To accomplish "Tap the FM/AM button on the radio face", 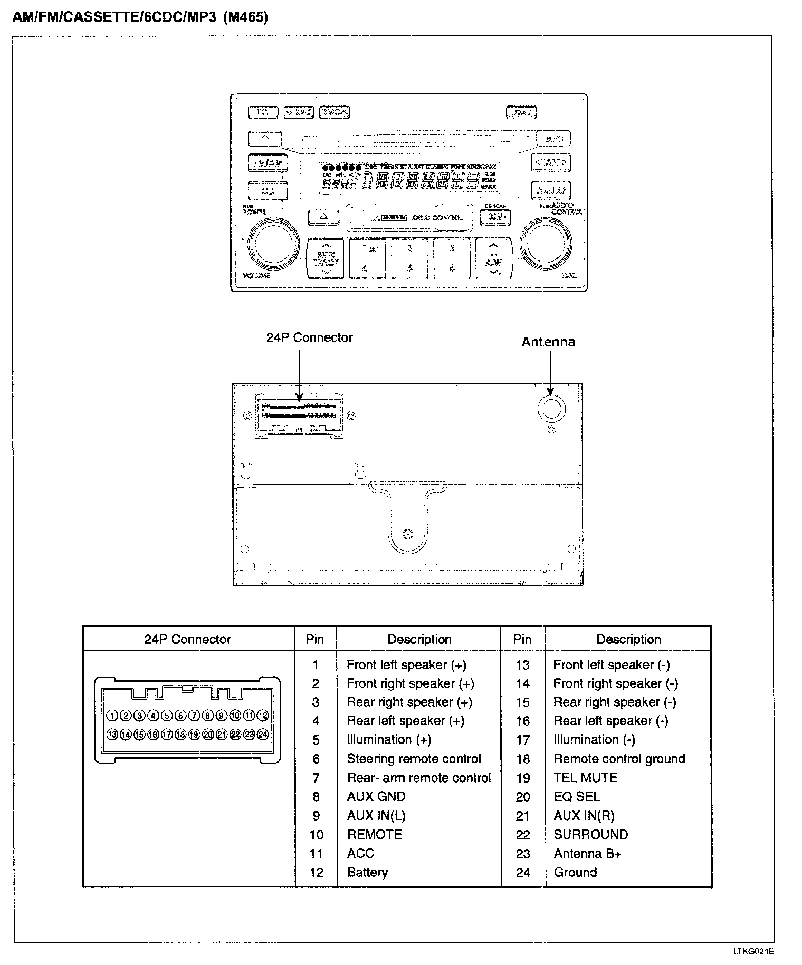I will (268, 163).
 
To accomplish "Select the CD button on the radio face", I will (268, 190).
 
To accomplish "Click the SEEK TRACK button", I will (326, 258).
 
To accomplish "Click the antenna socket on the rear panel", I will (551, 408).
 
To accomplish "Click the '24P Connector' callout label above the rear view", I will (309, 337).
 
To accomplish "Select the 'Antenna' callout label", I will (548, 342).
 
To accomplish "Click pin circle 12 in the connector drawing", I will (263, 715).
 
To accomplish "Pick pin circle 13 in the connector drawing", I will (112, 734).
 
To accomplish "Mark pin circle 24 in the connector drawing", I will (263, 734).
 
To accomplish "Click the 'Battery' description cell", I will (367, 872).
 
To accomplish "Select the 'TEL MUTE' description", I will (585, 777).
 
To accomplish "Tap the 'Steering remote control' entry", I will (414, 758).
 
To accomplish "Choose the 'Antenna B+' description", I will (587, 853).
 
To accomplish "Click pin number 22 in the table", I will (522, 835).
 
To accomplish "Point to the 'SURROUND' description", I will (590, 834).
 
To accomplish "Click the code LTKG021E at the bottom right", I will (753, 951).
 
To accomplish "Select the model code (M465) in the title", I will (245, 17).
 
